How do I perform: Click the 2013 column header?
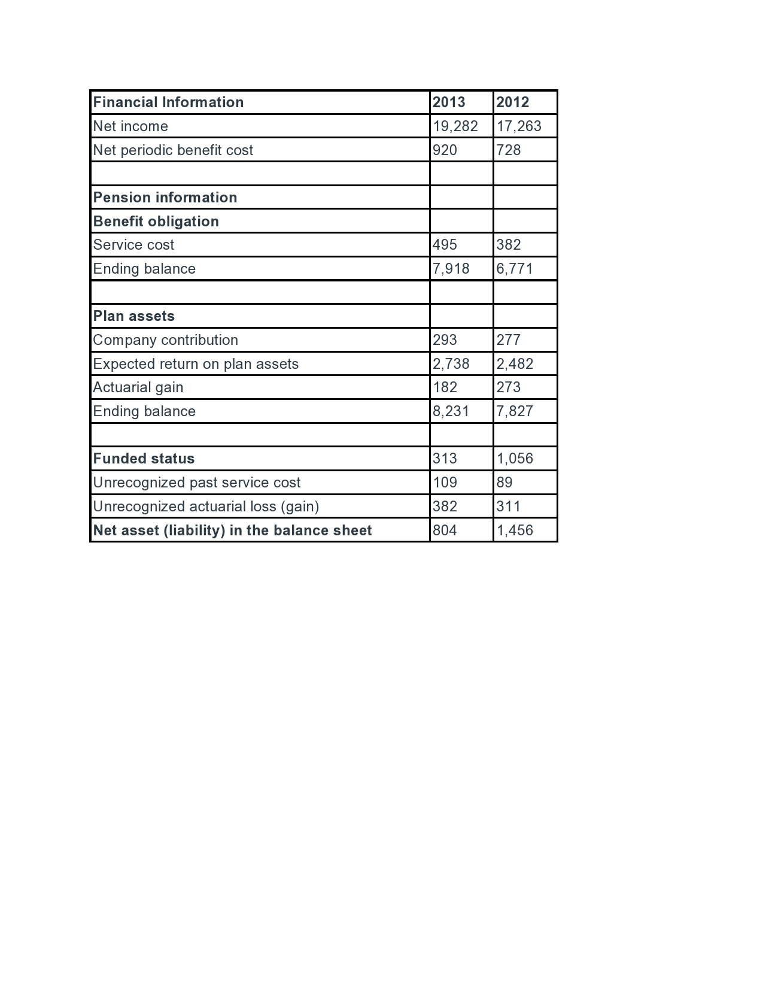coord(449,102)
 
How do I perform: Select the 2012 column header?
coord(513,102)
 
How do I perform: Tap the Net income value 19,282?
coord(455,126)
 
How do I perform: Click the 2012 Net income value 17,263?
coord(519,126)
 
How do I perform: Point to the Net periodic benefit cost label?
coord(173,150)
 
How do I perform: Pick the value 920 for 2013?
coord(445,150)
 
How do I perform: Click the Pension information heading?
coord(165,198)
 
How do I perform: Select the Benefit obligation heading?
coord(156,222)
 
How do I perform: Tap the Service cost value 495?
coord(445,245)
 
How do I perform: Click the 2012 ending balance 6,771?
coord(515,269)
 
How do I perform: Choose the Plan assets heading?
coord(134,316)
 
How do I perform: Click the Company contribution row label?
coord(166,340)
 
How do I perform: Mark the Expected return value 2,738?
coord(451,364)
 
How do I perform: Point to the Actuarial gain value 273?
coord(509,387)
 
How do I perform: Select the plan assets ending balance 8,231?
coord(451,411)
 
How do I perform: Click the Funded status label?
coord(144,459)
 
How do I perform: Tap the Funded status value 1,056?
coord(515,459)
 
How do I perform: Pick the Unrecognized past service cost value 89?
coord(504,483)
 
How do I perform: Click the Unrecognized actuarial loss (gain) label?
coord(206,507)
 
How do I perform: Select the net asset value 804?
coord(445,531)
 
